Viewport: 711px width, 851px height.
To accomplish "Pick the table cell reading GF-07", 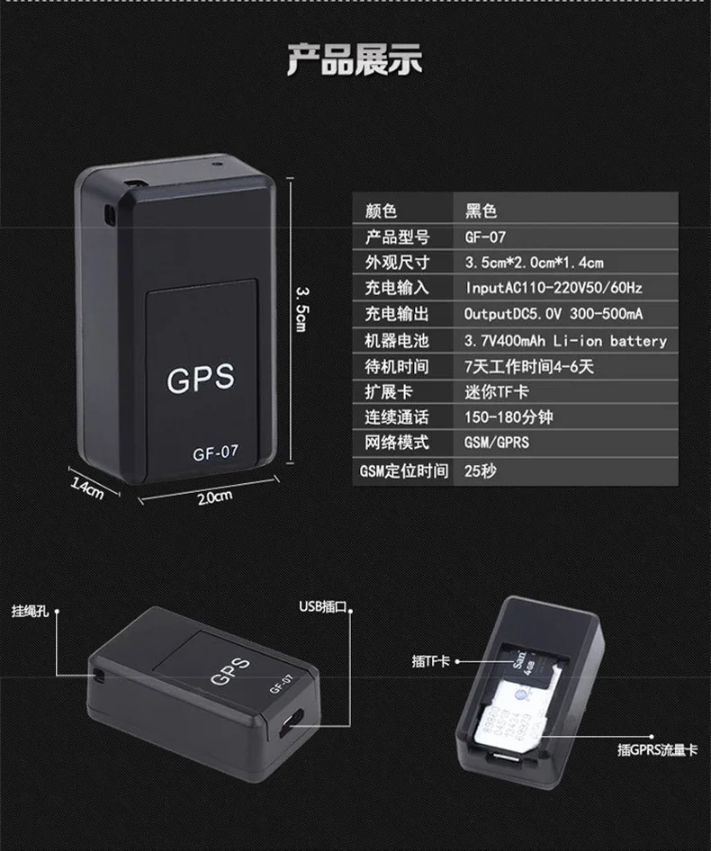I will point(486,237).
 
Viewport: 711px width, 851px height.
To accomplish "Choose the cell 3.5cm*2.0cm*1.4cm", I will point(533,263).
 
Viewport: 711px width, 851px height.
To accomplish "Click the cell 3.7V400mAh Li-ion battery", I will point(565,341).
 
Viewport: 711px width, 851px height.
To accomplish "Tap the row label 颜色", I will point(380,211).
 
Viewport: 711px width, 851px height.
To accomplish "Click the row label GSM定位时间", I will point(404,470).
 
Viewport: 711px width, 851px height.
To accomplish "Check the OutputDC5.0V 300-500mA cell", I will point(553,315).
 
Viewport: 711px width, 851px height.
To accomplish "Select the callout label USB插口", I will point(323,607).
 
